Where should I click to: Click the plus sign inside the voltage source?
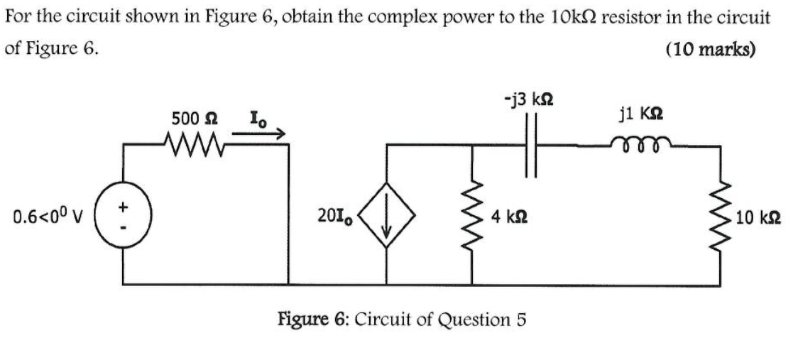pyautogui.click(x=124, y=206)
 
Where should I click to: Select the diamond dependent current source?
pyautogui.click(x=387, y=214)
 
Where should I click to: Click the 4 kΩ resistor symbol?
pyautogui.click(x=469, y=214)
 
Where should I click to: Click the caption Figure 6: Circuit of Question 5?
pyautogui.click(x=401, y=317)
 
